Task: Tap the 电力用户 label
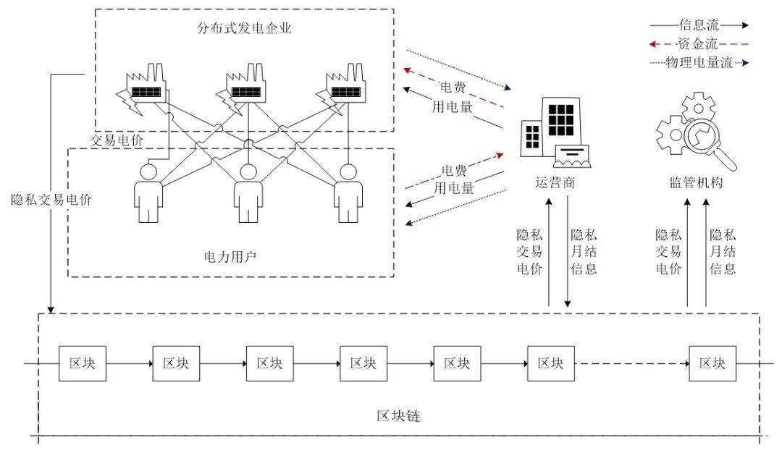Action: point(230,255)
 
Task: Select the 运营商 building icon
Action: point(554,135)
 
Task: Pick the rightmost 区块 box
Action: point(712,363)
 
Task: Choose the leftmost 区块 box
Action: point(82,363)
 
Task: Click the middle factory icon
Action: point(247,88)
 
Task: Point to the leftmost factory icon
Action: point(144,90)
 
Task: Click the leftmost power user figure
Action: point(149,192)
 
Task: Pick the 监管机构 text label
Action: point(695,183)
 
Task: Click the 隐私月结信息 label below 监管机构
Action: point(722,252)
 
